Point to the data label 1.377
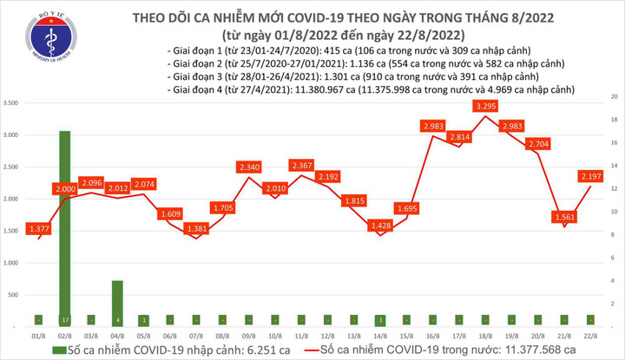[37, 227]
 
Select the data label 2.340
[249, 167]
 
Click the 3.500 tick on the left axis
[12, 103]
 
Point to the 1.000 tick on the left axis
[12, 263]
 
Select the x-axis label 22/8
[593, 336]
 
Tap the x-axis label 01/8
[37, 336]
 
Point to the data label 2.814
[461, 136]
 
